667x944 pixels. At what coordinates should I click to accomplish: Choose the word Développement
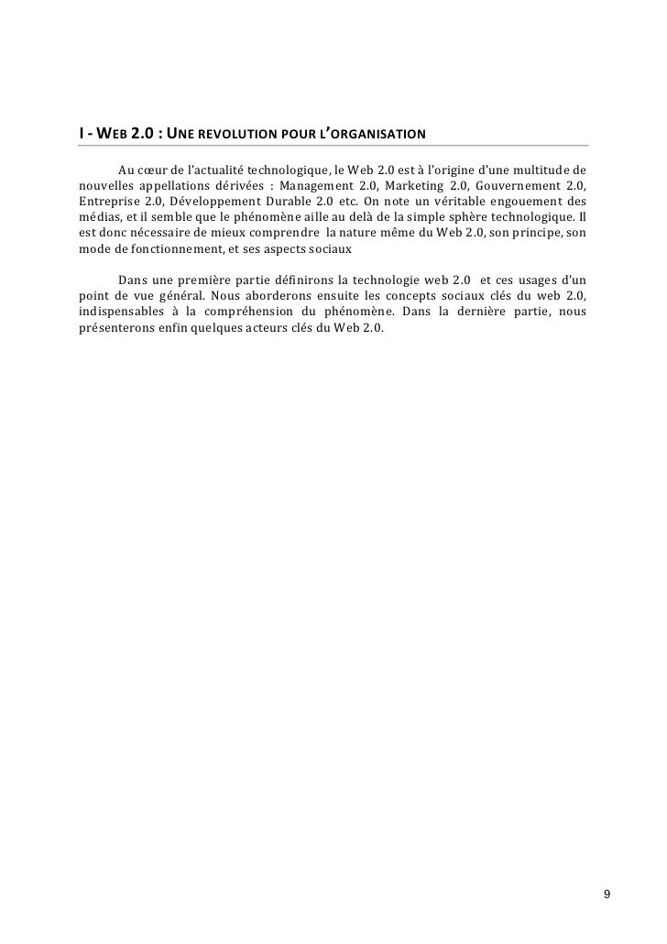coord(210,202)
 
